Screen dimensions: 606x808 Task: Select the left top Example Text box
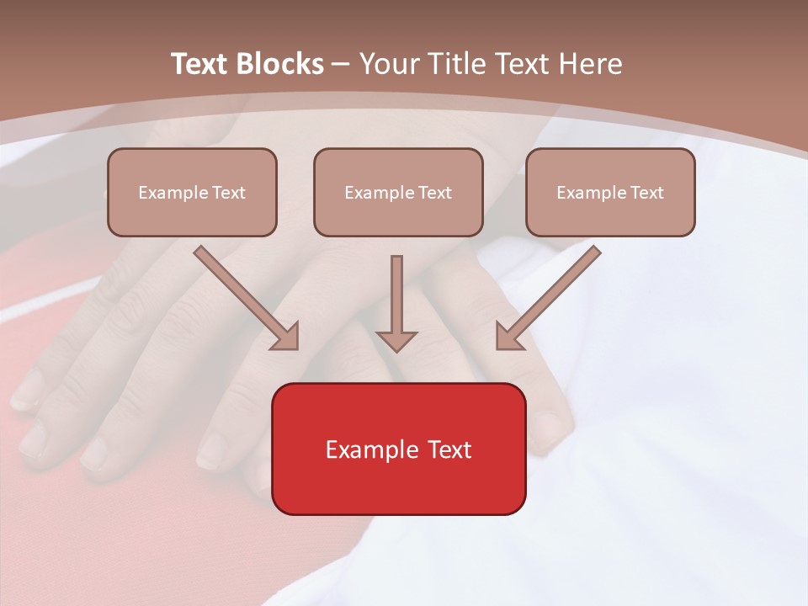[x=192, y=192]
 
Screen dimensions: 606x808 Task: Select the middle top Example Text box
[x=398, y=192]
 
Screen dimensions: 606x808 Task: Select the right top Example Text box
[x=610, y=192]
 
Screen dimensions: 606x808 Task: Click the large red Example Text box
[x=398, y=449]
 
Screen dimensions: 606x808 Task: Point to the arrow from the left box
[x=244, y=295]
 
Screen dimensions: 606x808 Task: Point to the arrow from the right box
[x=550, y=295]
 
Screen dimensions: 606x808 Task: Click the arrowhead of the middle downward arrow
[x=396, y=341]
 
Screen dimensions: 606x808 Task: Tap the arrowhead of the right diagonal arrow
[x=508, y=337]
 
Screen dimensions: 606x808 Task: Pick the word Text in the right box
[x=646, y=193]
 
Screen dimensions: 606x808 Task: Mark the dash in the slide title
[x=341, y=64]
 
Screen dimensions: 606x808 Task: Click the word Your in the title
[x=387, y=64]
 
